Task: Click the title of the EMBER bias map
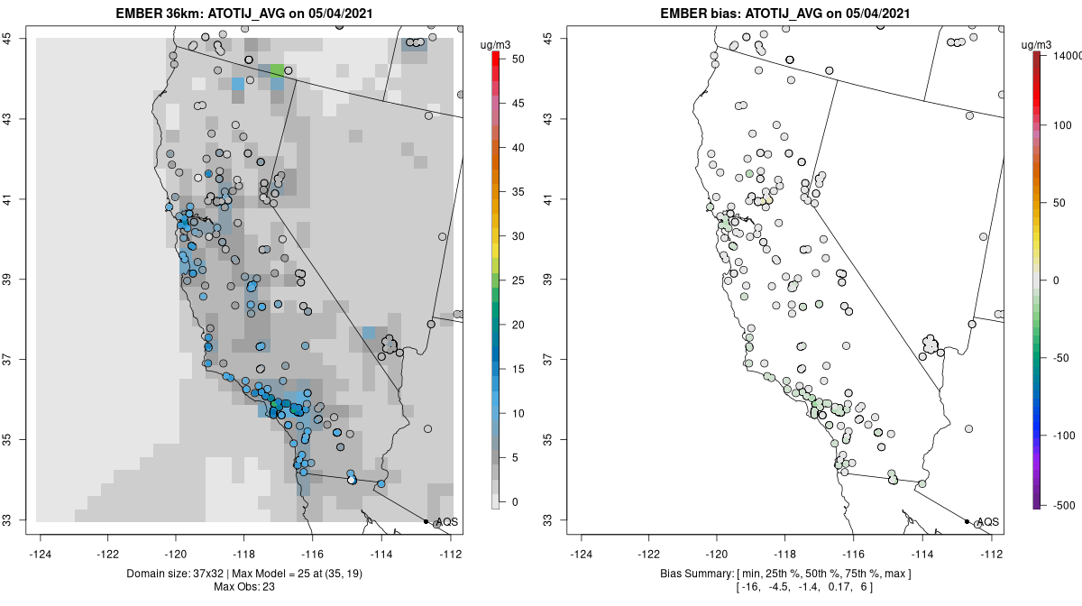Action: click(784, 13)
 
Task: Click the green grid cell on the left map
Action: click(277, 69)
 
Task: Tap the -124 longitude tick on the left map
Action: click(41, 554)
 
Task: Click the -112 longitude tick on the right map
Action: click(991, 554)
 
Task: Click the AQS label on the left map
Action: click(446, 522)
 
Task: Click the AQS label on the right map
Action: click(987, 522)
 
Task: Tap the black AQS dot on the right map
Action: click(967, 521)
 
